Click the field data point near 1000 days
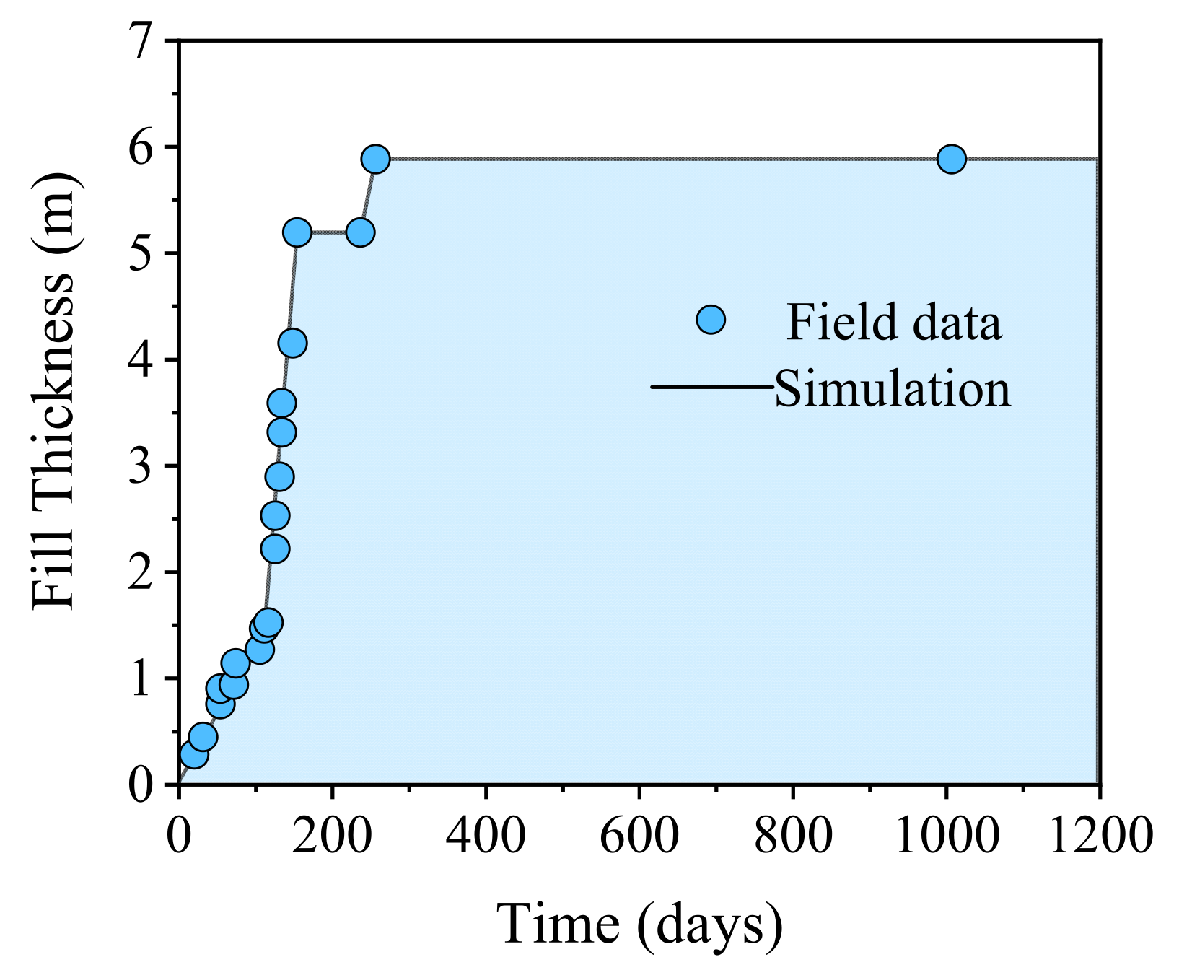[951, 159]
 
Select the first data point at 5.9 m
[375, 159]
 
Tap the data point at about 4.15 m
[292, 343]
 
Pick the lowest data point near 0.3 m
[194, 755]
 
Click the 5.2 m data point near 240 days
[360, 232]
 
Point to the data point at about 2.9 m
[279, 477]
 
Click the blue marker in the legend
[711, 320]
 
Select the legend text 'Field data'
[893, 322]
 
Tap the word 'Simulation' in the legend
[892, 389]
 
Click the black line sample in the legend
[711, 387]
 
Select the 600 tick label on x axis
[639, 836]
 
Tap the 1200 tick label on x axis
[1100, 836]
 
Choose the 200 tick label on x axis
[332, 836]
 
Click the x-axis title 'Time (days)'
[639, 925]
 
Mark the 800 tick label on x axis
[793, 836]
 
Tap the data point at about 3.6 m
[281, 403]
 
